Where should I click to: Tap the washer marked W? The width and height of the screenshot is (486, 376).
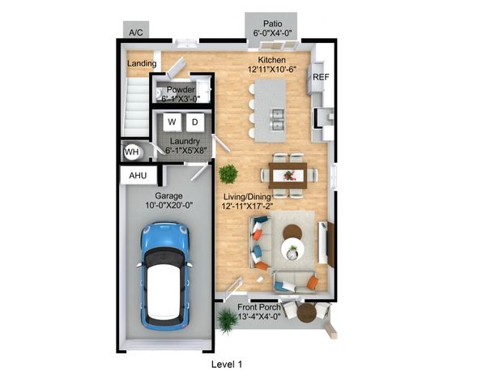coord(172,122)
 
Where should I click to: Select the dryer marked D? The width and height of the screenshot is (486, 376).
coord(195,122)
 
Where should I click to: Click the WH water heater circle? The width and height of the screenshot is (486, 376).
coord(132,152)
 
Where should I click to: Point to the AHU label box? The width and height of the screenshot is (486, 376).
coord(138,176)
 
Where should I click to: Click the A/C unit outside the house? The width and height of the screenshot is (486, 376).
coord(136,30)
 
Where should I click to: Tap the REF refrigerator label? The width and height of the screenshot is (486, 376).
coord(321,77)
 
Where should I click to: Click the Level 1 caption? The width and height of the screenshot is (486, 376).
coord(227,365)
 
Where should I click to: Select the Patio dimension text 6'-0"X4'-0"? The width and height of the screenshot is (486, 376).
coord(273,33)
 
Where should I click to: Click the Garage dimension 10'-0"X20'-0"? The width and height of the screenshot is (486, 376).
coord(169,205)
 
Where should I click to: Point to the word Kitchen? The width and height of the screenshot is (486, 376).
coord(272,60)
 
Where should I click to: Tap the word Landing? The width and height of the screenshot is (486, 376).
coord(142,63)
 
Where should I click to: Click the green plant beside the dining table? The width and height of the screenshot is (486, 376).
coord(228,173)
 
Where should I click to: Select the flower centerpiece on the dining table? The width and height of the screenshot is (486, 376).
coord(289,176)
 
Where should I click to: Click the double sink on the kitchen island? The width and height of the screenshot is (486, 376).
coord(277,119)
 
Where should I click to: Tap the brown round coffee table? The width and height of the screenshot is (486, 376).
coord(292,232)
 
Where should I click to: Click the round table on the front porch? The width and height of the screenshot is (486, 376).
coord(306,313)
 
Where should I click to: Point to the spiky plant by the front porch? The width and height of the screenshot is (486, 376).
coord(228,321)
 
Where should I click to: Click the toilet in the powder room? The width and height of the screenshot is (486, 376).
coord(159,92)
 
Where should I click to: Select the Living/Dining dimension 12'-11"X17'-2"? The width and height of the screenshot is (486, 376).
coord(247,206)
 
